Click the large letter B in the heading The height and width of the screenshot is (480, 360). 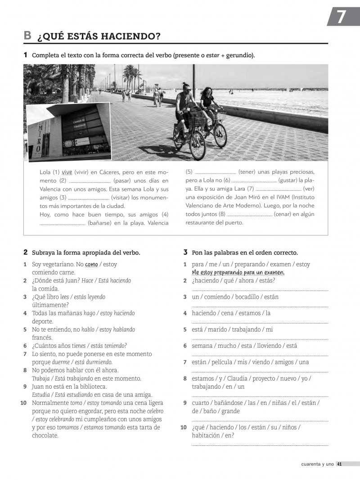point(28,36)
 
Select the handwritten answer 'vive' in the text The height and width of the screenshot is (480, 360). point(67,172)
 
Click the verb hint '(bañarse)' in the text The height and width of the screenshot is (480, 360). point(103,223)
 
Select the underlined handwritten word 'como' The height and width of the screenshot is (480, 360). point(91,265)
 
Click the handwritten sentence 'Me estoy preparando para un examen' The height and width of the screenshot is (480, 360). point(238,273)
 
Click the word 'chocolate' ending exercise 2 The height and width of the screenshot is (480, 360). point(45,435)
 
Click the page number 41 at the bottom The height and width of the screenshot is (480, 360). point(340,464)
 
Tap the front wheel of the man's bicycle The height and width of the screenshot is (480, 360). point(197,146)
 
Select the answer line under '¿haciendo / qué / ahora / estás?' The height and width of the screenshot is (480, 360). point(260,290)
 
